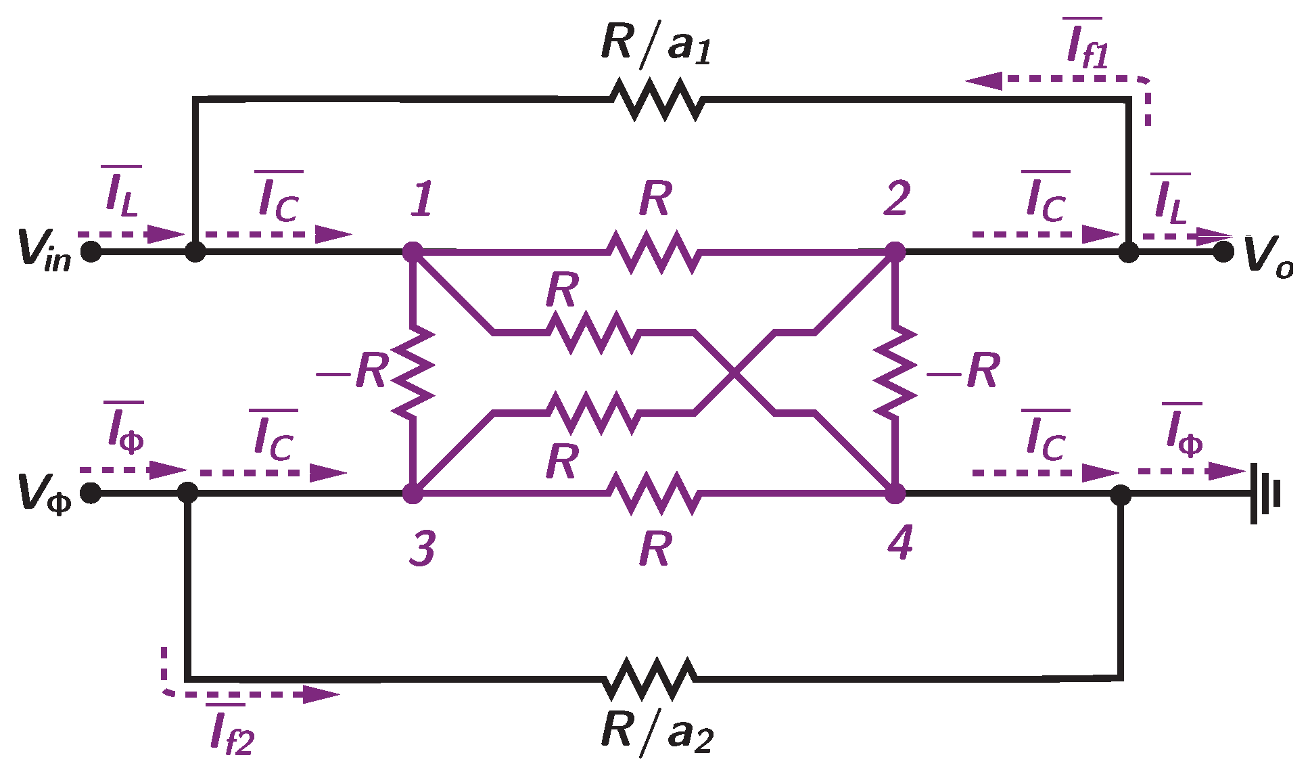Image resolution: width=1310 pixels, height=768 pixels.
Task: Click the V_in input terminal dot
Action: point(91,252)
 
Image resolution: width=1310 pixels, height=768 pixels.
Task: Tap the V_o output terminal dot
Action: point(1223,252)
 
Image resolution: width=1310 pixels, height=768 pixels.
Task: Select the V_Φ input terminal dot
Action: point(91,493)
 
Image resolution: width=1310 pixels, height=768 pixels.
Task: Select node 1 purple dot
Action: point(413,252)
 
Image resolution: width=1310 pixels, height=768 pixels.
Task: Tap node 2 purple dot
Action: point(895,252)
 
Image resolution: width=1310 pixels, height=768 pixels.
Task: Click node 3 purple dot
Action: point(413,493)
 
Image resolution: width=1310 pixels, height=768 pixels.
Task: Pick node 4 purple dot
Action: point(895,493)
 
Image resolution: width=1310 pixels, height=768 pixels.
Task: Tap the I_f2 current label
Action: point(231,731)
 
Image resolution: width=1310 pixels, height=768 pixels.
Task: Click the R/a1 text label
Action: point(655,44)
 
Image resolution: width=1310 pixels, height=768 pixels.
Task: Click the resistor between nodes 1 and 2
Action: point(653,252)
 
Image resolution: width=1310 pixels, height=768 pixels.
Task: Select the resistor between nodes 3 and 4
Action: point(653,493)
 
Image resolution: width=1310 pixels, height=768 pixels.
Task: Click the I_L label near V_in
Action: point(122,192)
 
